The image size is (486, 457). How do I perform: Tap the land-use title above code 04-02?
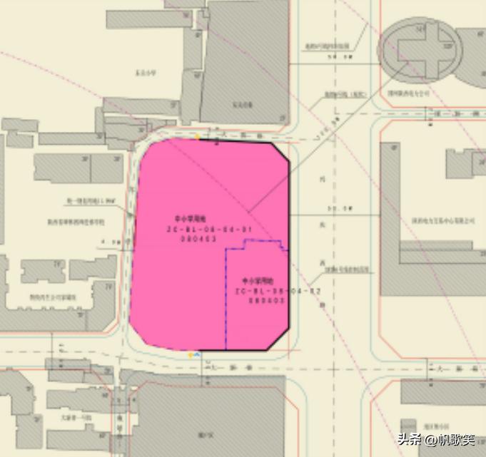click(258, 281)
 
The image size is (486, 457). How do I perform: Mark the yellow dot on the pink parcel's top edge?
click(198, 136)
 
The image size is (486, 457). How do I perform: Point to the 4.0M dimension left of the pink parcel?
click(111, 242)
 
